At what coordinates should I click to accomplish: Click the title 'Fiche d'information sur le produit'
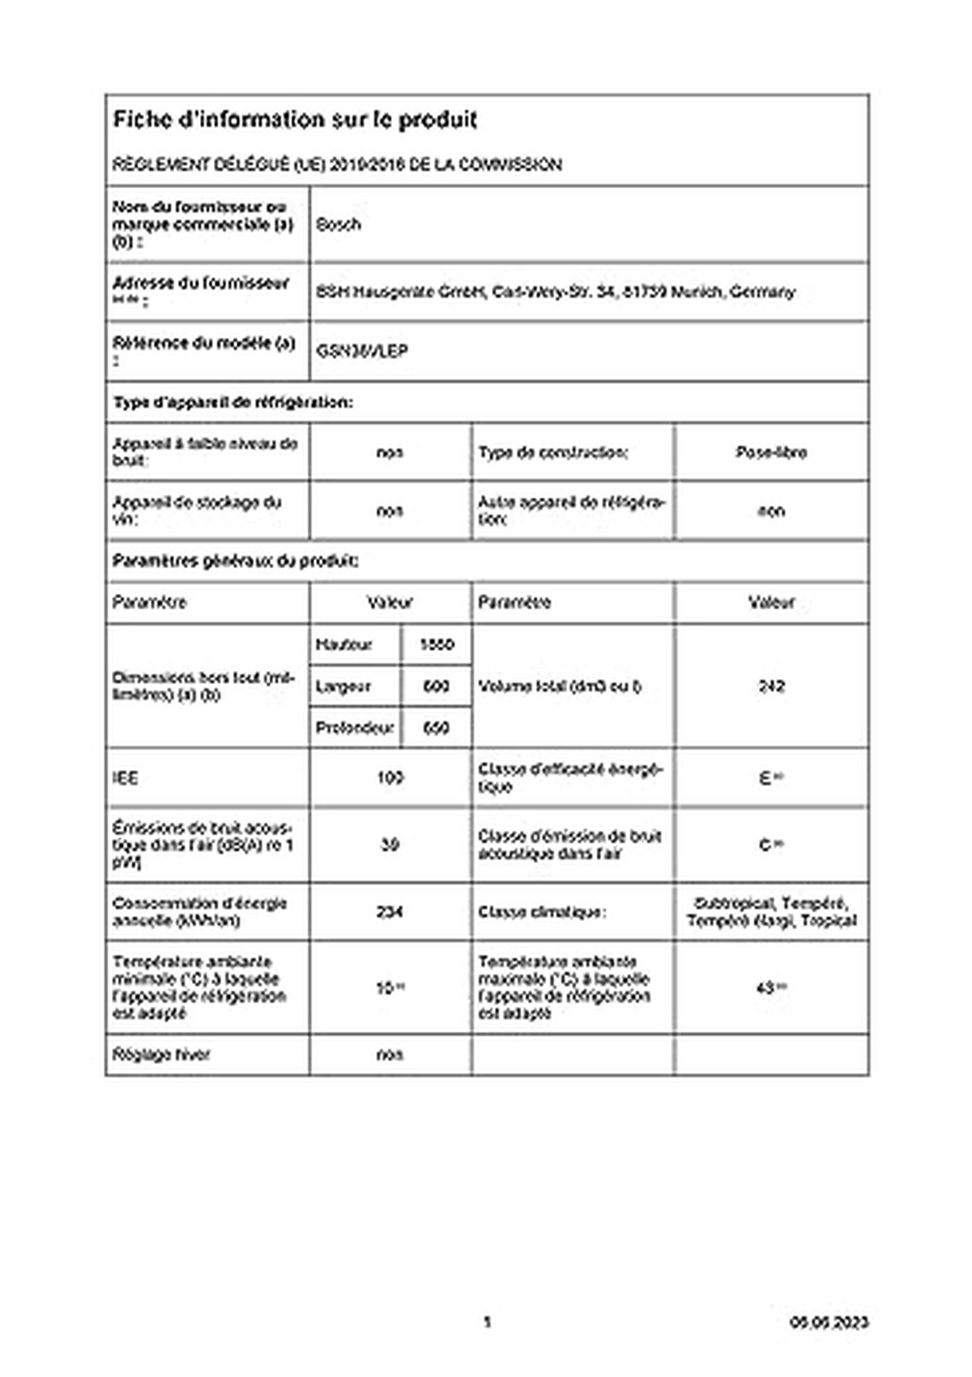[295, 120]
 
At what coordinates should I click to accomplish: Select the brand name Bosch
[338, 225]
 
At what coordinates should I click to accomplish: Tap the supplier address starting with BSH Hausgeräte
[555, 292]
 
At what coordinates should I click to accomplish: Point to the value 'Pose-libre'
[771, 452]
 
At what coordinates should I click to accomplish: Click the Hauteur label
[343, 645]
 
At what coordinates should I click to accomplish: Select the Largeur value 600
[436, 686]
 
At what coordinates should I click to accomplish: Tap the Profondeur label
[354, 728]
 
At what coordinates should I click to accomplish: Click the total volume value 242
[771, 686]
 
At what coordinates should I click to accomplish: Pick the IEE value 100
[390, 778]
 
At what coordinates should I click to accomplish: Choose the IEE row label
[126, 778]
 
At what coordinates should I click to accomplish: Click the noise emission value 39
[390, 845]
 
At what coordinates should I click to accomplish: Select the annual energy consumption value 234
[390, 912]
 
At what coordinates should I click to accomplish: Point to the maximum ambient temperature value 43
[766, 988]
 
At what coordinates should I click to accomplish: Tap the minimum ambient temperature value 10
[386, 988]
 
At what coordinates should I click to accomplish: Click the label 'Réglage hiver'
[161, 1055]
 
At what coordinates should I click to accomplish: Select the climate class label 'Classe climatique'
[541, 912]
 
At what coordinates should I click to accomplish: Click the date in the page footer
[829, 1322]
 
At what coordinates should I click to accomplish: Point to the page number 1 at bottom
[487, 1322]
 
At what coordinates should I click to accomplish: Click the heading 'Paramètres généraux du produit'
[236, 561]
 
